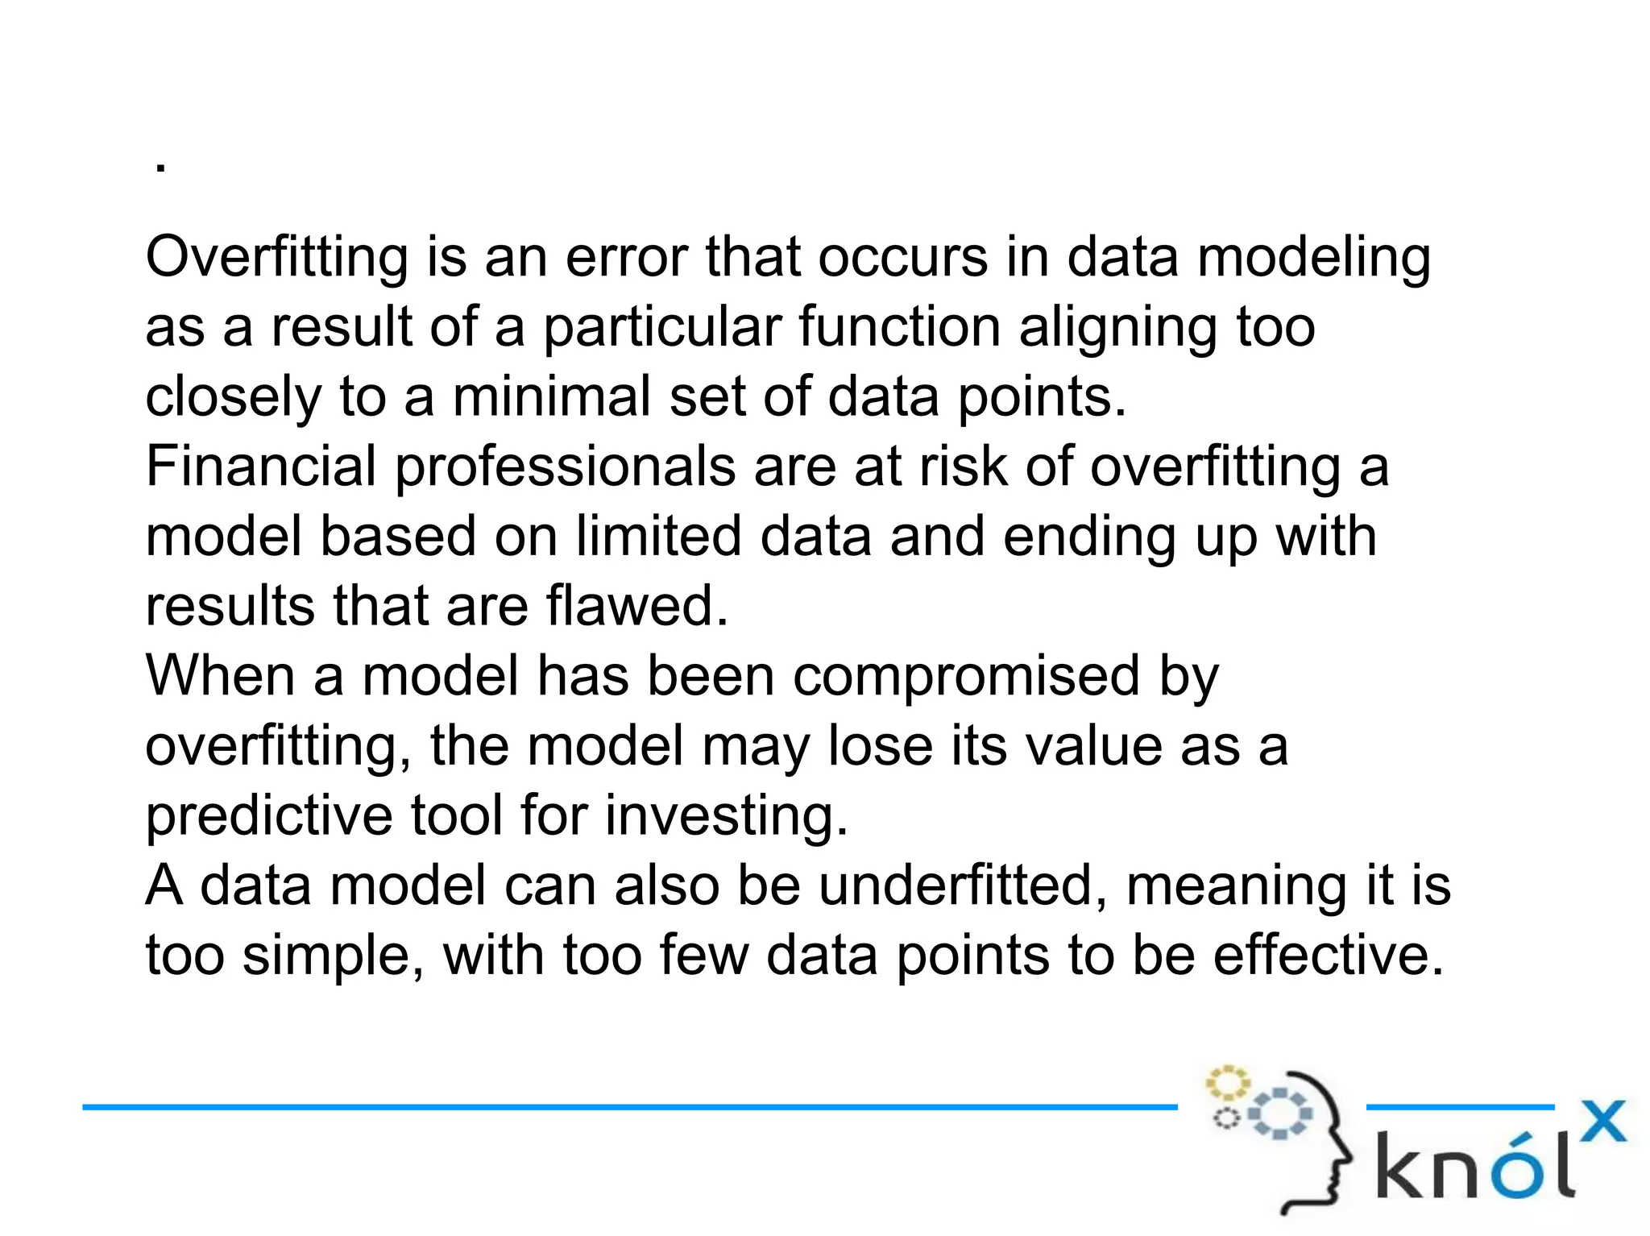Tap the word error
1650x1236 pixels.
coord(627,258)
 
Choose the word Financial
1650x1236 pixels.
coord(260,467)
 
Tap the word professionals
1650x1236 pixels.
coord(565,468)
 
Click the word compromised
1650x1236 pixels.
coord(966,677)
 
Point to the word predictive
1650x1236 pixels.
coord(268,816)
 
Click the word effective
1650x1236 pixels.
coord(1329,956)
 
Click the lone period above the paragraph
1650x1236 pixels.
coord(161,168)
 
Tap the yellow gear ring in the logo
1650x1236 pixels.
coord(1226,1083)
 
